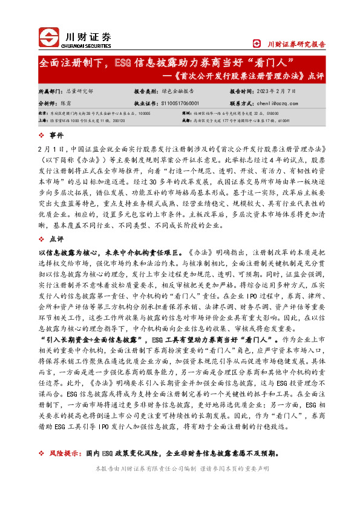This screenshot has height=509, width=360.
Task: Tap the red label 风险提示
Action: click(x=65, y=453)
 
